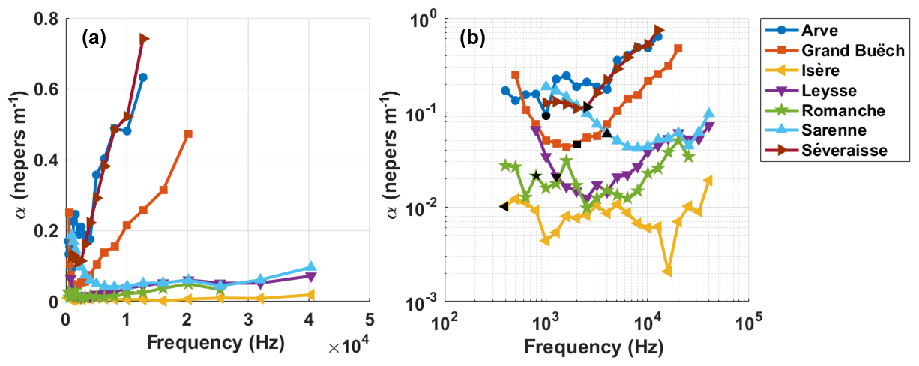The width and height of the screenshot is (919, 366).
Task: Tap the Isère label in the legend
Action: pyautogui.click(x=820, y=70)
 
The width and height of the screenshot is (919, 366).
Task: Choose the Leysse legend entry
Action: pyautogui.click(x=825, y=91)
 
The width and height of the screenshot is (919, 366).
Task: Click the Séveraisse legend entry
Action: pyautogui.click(x=843, y=151)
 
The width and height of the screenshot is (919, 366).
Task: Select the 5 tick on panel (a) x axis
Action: pyautogui.click(x=370, y=318)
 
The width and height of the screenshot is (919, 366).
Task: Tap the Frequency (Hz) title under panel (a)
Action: pyautogui.click(x=216, y=344)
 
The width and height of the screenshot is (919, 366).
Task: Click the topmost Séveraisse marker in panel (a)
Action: pyautogui.click(x=144, y=39)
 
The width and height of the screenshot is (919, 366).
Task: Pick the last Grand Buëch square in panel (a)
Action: pyautogui.click(x=188, y=134)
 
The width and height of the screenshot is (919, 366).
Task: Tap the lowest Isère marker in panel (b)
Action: pyautogui.click(x=667, y=271)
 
